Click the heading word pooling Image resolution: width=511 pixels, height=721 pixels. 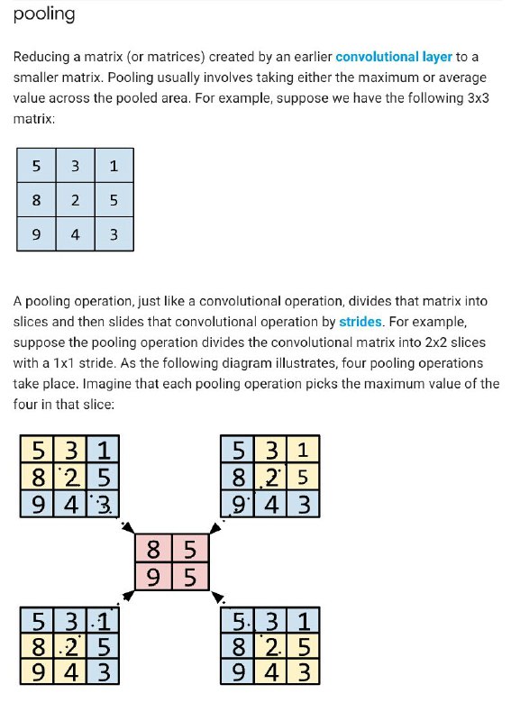(x=44, y=14)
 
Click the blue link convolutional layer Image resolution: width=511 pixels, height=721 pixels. (x=394, y=57)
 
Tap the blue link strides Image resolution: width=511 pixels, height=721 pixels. (x=360, y=322)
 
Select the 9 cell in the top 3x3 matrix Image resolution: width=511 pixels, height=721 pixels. (x=36, y=234)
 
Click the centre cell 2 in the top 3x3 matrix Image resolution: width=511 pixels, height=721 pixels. (x=75, y=200)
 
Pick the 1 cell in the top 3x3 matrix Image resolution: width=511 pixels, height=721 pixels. (x=114, y=166)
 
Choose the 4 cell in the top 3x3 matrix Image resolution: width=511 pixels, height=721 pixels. (x=75, y=234)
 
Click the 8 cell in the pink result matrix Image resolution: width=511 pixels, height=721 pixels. (x=153, y=549)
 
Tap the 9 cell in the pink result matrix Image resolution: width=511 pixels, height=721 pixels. (x=153, y=577)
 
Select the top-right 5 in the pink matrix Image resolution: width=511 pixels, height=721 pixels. (x=190, y=549)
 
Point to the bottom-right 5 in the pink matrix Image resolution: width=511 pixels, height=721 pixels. (x=190, y=577)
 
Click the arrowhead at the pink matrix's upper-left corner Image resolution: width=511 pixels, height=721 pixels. (x=129, y=528)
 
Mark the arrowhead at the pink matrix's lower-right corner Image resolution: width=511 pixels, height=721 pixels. (x=217, y=598)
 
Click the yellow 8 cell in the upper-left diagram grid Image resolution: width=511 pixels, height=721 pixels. (x=37, y=477)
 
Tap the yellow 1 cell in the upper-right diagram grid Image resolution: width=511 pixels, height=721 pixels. (x=303, y=449)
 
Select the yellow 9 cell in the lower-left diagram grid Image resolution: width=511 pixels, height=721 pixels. (x=37, y=671)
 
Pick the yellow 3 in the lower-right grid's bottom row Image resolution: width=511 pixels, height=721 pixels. (x=304, y=671)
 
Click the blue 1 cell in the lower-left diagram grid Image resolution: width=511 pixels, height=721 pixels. (x=103, y=621)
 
